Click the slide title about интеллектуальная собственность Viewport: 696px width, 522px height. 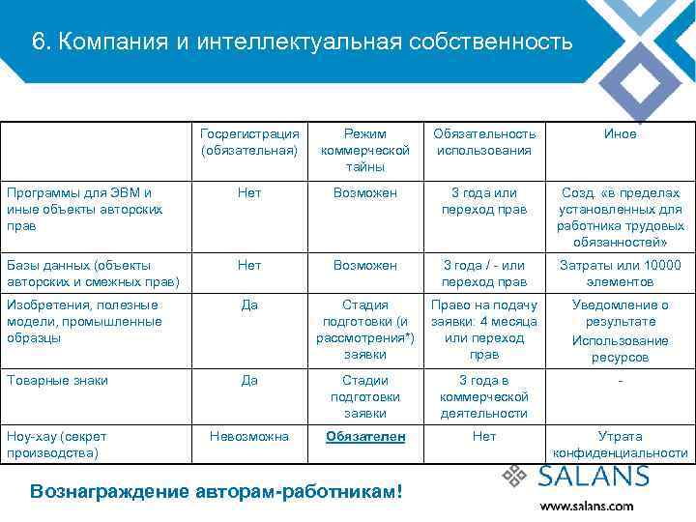303,43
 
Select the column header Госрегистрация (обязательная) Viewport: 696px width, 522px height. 249,142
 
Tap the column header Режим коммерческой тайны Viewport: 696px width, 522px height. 365,150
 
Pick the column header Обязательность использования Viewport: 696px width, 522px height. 484,142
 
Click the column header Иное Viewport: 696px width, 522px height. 620,134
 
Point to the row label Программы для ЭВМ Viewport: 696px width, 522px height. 84,209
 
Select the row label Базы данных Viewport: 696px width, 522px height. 92,274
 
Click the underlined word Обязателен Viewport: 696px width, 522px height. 365,437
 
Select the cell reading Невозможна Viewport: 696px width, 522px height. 249,437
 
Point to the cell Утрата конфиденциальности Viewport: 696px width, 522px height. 620,445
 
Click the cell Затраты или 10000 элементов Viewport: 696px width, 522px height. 620,274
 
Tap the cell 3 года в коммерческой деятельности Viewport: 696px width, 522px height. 484,396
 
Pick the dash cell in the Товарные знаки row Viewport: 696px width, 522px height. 620,381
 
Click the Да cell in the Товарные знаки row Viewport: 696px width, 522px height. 249,381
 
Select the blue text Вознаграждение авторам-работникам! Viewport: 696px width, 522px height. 216,490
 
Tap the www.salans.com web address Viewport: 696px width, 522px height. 587,506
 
